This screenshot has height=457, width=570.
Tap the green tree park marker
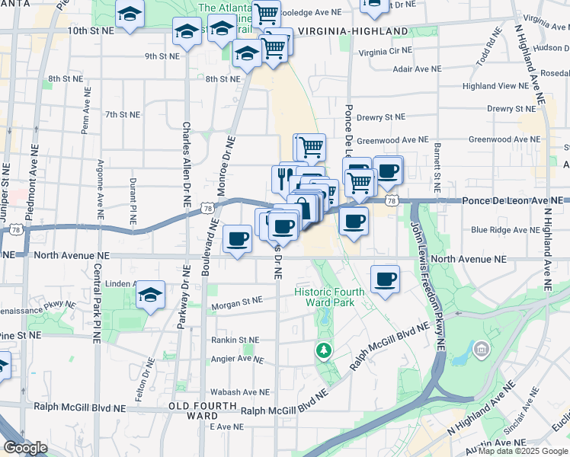pos(324,350)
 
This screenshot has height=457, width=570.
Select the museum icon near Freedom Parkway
pos(481,350)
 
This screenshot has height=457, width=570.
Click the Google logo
pos(25,448)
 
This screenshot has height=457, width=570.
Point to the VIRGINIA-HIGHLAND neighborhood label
pos(353,31)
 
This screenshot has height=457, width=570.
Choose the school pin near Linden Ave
pos(151,294)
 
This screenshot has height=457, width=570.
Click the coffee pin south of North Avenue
pos(386,278)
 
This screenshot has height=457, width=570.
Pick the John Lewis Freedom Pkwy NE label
pos(427,282)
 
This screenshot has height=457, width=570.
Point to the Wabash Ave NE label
pos(241,392)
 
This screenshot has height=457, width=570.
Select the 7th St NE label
pos(123,114)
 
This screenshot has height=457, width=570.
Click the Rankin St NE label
pos(237,340)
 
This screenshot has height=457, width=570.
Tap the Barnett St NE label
pos(437,167)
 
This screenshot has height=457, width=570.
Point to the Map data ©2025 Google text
pos(523,451)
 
